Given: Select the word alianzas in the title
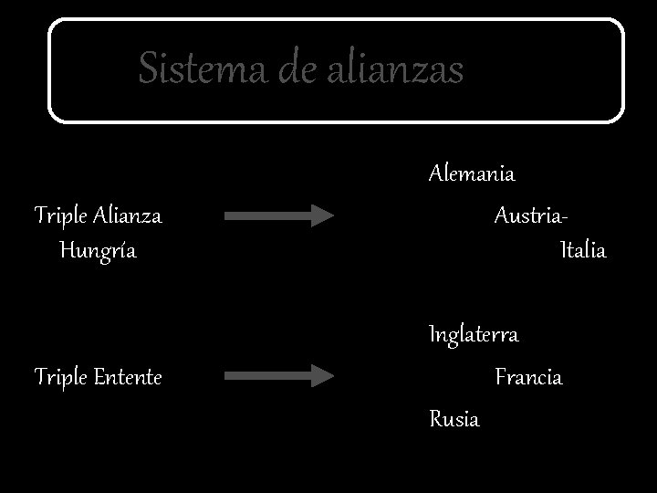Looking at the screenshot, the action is [393, 69].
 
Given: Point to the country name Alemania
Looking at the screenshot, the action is [472, 173].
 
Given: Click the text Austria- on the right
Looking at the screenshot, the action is [530, 216].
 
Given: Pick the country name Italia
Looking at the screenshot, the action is [583, 250].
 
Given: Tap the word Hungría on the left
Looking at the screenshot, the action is [98, 250].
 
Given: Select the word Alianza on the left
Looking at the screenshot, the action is [127, 216].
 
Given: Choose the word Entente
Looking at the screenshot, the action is [128, 376].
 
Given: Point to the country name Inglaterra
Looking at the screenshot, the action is [474, 335].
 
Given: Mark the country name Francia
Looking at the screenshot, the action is [528, 376].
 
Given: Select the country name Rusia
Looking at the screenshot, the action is [454, 419].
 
